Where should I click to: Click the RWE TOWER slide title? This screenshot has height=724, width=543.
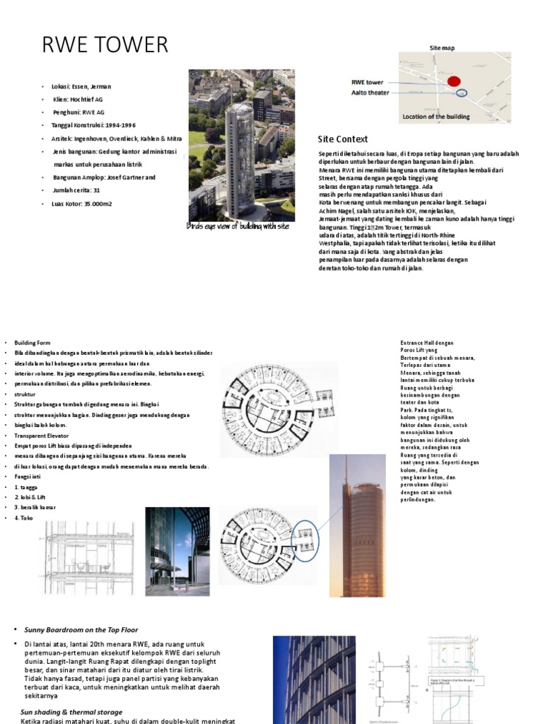106,45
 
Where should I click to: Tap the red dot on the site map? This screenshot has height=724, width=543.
454,81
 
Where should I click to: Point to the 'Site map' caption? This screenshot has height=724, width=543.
443,47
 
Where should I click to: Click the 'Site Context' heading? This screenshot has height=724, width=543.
343,139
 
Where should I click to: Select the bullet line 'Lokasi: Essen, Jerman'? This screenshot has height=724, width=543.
81,86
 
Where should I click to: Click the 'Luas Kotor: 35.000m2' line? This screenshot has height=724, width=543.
82,204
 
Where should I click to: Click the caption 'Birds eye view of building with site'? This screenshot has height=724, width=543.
238,226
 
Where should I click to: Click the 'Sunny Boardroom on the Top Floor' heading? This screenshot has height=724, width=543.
81,629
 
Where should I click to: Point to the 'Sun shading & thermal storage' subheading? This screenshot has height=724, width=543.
71,712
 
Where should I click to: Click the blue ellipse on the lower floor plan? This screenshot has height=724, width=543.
305,535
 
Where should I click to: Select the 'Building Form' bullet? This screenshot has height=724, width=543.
33,342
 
